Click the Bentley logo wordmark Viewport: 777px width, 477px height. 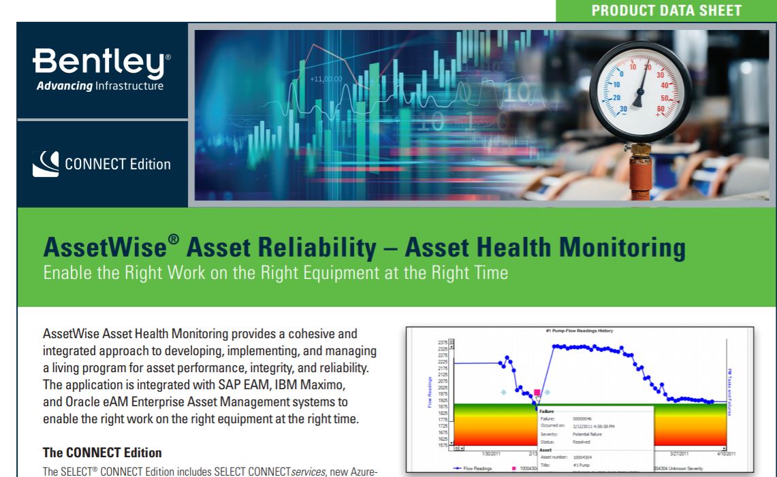point(102,63)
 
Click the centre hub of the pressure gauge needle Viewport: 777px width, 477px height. point(638,100)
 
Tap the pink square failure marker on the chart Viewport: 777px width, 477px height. point(537,393)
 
